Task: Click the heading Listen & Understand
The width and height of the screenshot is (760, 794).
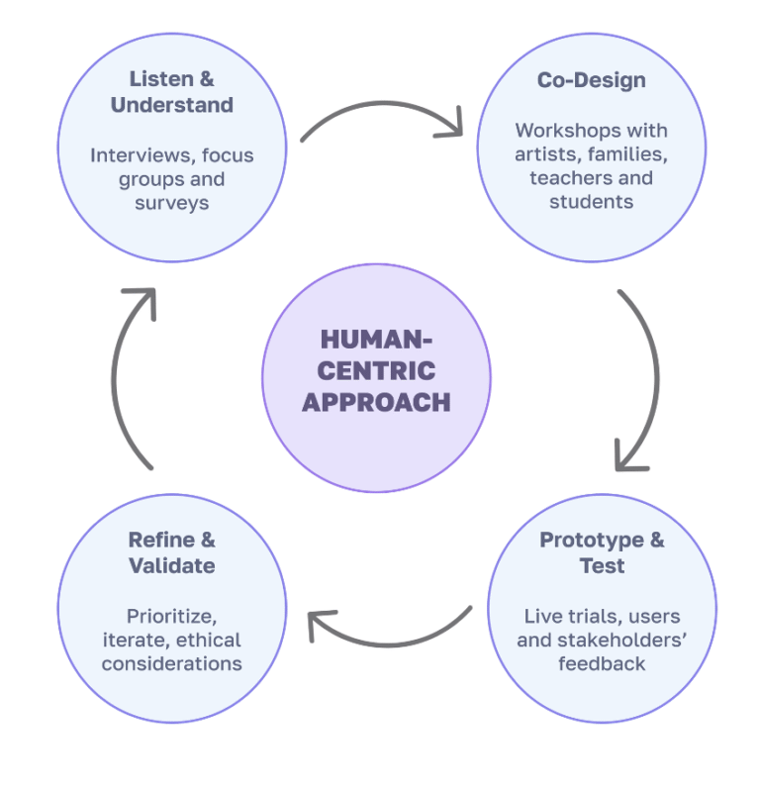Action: [171, 91]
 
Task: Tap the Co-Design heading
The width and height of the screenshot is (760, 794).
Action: [591, 80]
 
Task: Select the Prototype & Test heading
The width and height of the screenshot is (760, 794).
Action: [602, 552]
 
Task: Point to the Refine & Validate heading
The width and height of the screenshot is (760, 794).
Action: [171, 552]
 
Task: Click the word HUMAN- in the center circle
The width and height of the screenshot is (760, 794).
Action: [376, 340]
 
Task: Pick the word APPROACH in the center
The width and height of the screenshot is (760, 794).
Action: [376, 402]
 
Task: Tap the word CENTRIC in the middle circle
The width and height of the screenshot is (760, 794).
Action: [376, 371]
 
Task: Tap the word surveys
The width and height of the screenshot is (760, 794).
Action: [171, 203]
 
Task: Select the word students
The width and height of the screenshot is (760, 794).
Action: [591, 202]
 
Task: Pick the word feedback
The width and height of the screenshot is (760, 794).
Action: [602, 663]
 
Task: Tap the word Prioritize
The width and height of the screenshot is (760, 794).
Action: [171, 616]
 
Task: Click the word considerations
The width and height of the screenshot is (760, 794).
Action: [171, 663]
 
